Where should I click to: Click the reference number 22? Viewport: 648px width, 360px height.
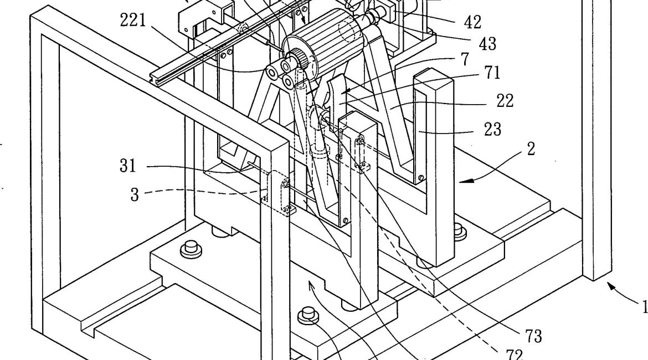505,100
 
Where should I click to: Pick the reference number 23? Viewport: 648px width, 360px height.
492,129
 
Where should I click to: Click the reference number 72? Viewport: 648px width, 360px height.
512,353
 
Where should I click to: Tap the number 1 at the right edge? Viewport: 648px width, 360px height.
643,307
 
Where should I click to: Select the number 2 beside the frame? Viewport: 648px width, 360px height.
531,148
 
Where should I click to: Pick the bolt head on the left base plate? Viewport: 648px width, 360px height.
192,245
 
